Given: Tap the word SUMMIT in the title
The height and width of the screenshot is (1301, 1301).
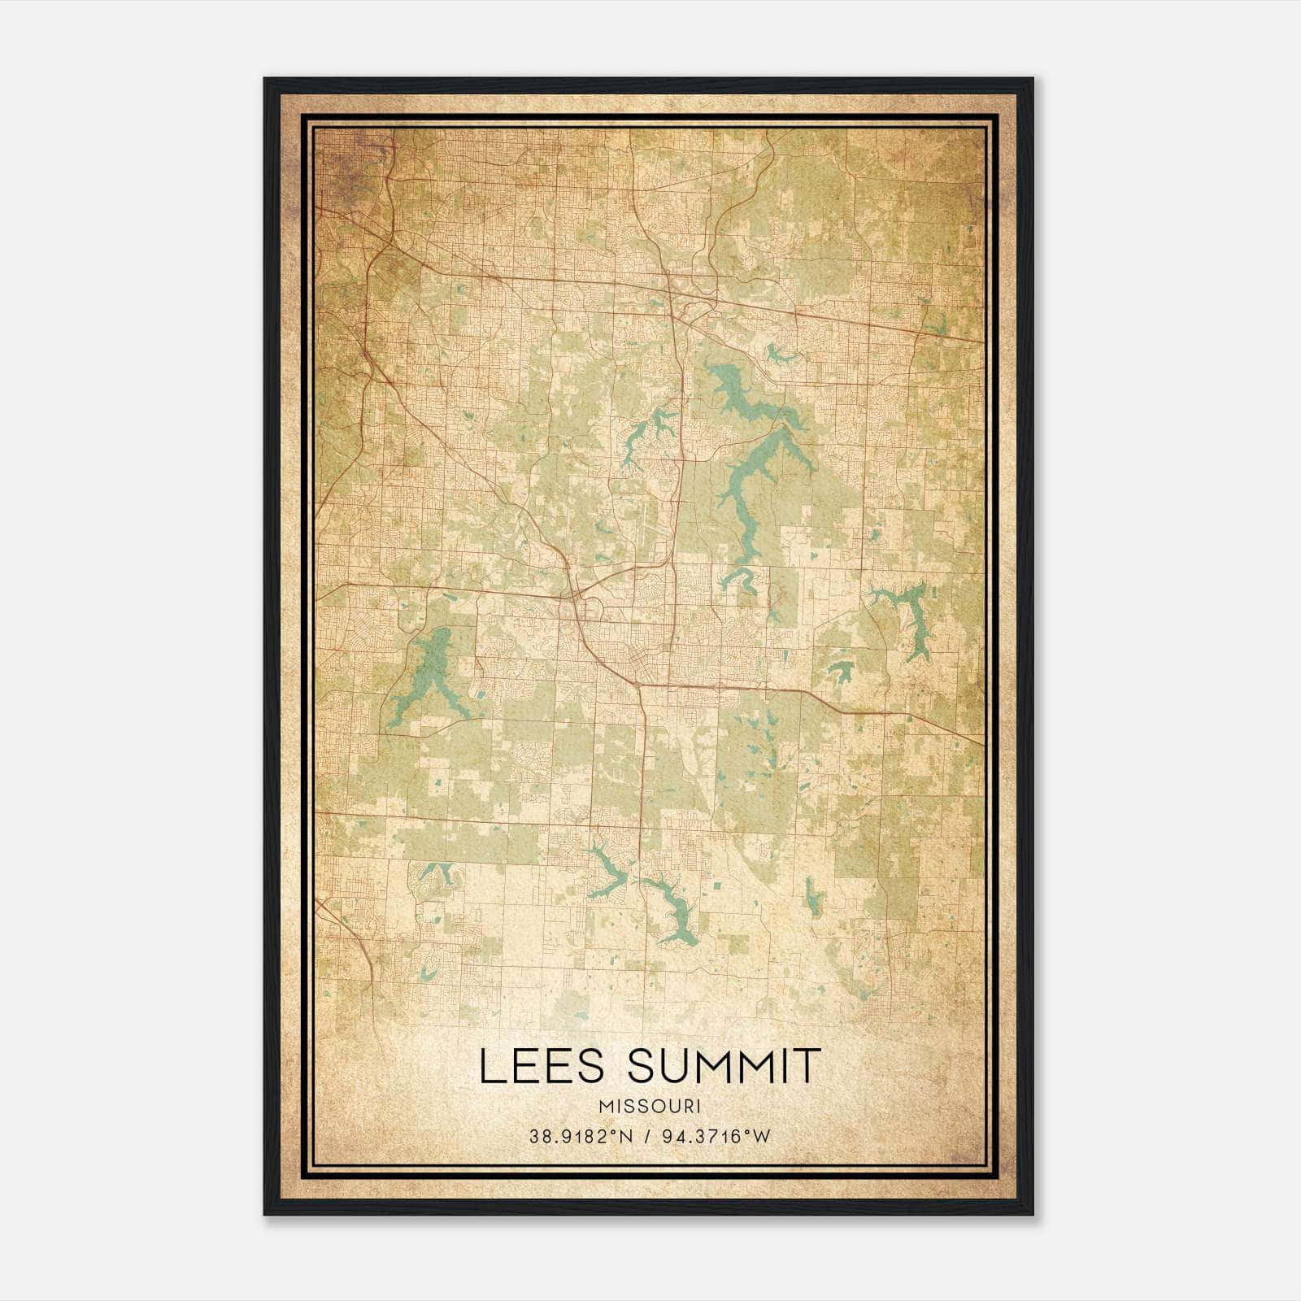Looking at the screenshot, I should coord(724,1065).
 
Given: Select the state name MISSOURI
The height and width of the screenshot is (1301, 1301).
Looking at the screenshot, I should coord(650,1106).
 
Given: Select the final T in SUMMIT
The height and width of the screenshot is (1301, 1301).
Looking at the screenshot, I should coord(807,1065).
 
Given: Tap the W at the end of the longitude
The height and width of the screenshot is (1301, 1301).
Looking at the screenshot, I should coord(762,1136).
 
